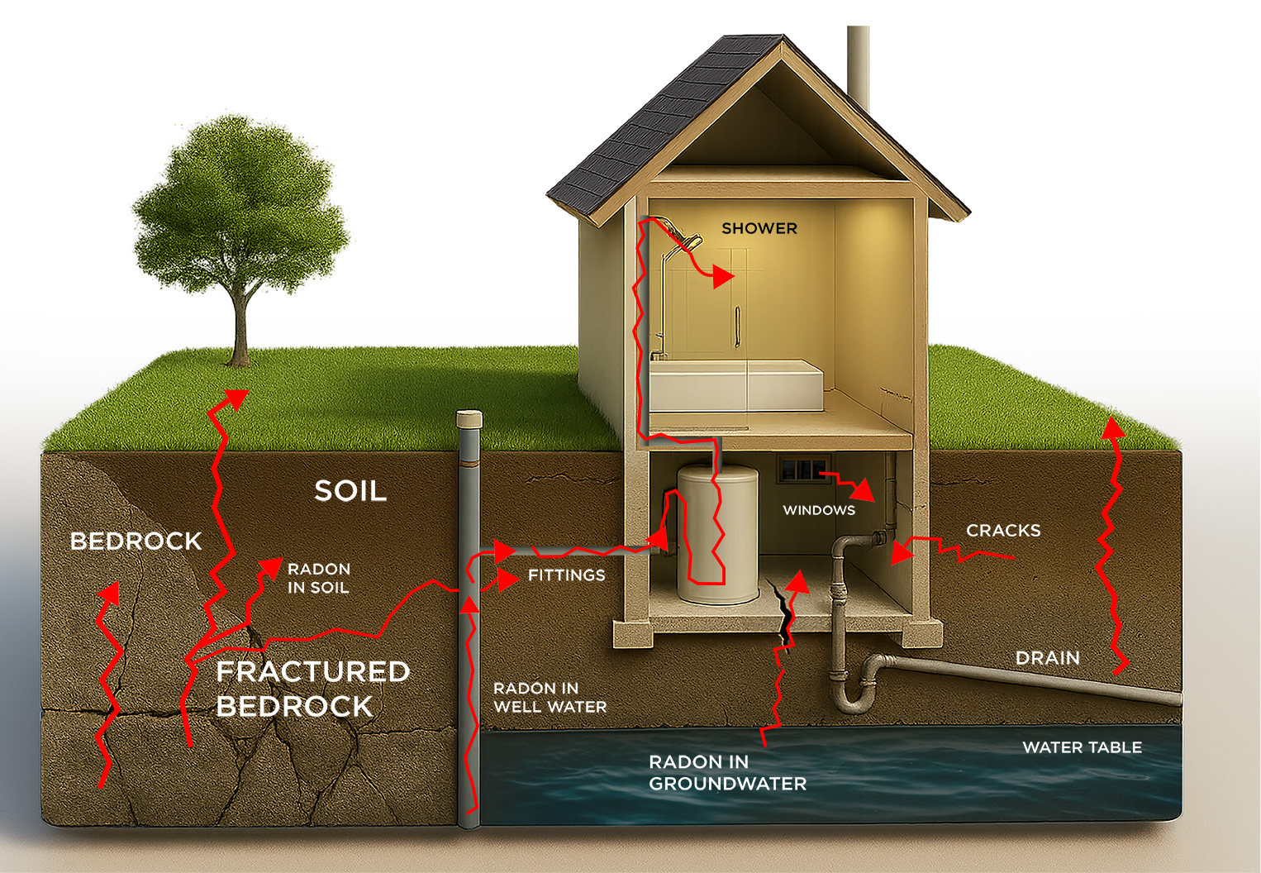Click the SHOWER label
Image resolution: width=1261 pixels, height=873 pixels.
759,228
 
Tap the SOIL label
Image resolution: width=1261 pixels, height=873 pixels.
350,491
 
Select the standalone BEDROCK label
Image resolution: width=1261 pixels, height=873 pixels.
136,541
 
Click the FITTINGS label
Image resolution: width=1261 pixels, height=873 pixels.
567,575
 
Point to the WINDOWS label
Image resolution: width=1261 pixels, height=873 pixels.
819,510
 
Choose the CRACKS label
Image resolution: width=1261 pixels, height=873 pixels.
1003,531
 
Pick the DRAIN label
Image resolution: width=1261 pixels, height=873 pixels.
1048,658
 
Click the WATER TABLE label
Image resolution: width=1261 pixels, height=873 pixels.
1082,747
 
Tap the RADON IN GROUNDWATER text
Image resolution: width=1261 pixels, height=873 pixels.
727,773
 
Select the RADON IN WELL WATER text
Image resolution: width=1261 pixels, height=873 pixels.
550,698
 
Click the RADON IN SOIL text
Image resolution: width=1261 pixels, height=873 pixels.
319,579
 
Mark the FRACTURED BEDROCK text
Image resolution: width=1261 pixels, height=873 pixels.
312,689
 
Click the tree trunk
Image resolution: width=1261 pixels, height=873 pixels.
240,331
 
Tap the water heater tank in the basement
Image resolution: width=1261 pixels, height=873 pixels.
717,533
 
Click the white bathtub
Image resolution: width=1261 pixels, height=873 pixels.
735,386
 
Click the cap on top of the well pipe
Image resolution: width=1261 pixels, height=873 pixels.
469,419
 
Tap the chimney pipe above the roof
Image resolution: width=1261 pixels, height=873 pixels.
858,66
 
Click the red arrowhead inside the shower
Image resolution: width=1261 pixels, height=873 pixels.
723,277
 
